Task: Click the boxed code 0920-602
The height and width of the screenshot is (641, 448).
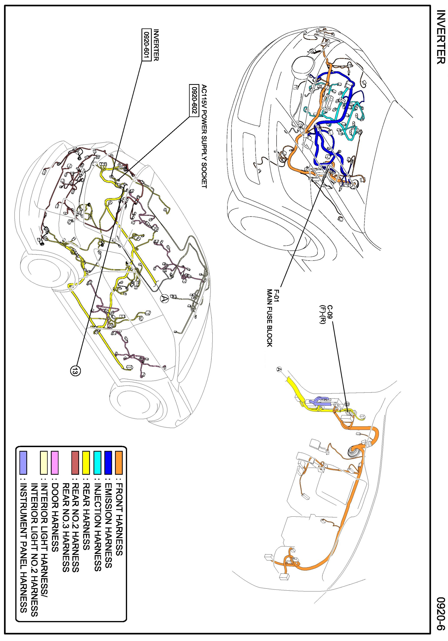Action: (193, 100)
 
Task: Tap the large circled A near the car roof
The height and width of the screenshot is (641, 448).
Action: (164, 299)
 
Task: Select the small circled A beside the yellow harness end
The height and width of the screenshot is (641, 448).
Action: (279, 369)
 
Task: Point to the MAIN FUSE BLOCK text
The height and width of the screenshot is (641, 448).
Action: (269, 318)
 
